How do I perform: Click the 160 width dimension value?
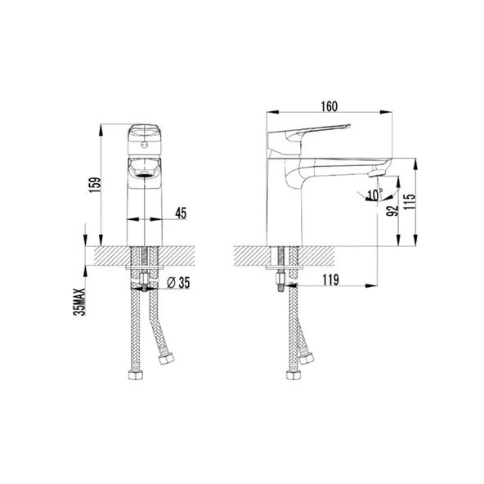(x=329, y=106)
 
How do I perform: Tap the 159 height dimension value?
(x=95, y=185)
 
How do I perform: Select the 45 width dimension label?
(x=181, y=213)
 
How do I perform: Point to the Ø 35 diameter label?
(x=178, y=283)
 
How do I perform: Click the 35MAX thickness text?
(x=79, y=302)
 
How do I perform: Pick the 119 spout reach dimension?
(x=330, y=280)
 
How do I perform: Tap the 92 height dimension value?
(x=392, y=210)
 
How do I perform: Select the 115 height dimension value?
(x=410, y=202)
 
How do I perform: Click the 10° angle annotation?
(x=375, y=195)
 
